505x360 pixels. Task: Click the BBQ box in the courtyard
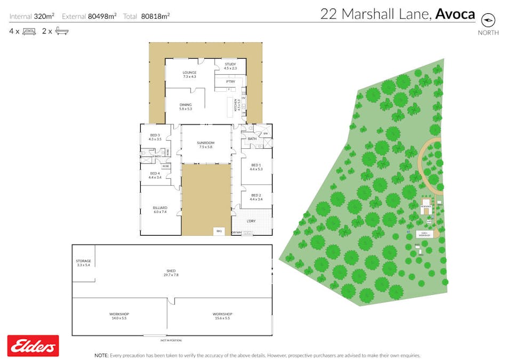coord(219,231)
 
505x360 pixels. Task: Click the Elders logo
coord(33,346)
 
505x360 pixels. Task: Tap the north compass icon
coord(488,20)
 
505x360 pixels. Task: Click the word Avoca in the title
coord(455,14)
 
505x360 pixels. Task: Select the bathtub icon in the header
coord(62,31)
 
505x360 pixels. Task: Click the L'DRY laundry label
coord(251,221)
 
